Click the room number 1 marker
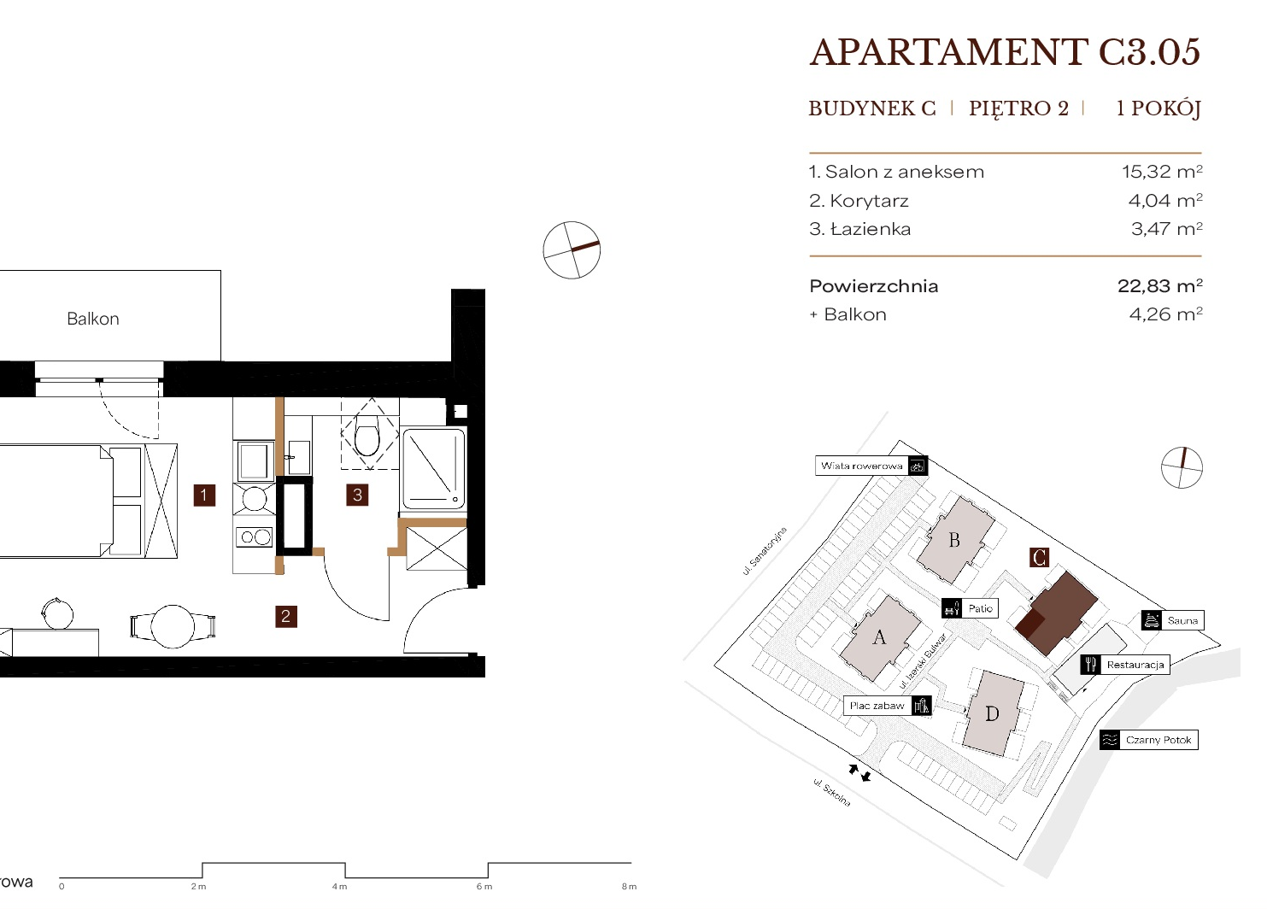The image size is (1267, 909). (x=204, y=495)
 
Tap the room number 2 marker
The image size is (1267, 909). (x=285, y=616)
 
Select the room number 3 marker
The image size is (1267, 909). (x=357, y=495)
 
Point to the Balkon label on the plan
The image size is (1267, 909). (x=93, y=319)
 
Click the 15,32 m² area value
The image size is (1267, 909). (x=1162, y=171)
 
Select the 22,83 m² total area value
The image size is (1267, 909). (x=1160, y=285)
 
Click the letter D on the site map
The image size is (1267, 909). (x=992, y=714)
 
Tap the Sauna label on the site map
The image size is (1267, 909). (x=1182, y=620)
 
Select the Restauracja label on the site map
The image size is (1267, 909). (x=1135, y=665)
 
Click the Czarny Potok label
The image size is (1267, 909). (x=1158, y=740)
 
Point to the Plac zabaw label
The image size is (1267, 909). (x=877, y=706)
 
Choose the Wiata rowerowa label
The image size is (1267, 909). (x=861, y=466)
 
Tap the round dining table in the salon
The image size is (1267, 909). (x=173, y=626)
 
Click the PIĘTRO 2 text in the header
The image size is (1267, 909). (x=1018, y=108)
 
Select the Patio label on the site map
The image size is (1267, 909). (x=980, y=608)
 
